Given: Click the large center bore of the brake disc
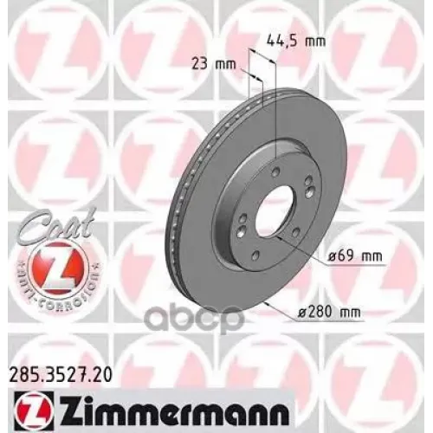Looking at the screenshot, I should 275,214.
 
